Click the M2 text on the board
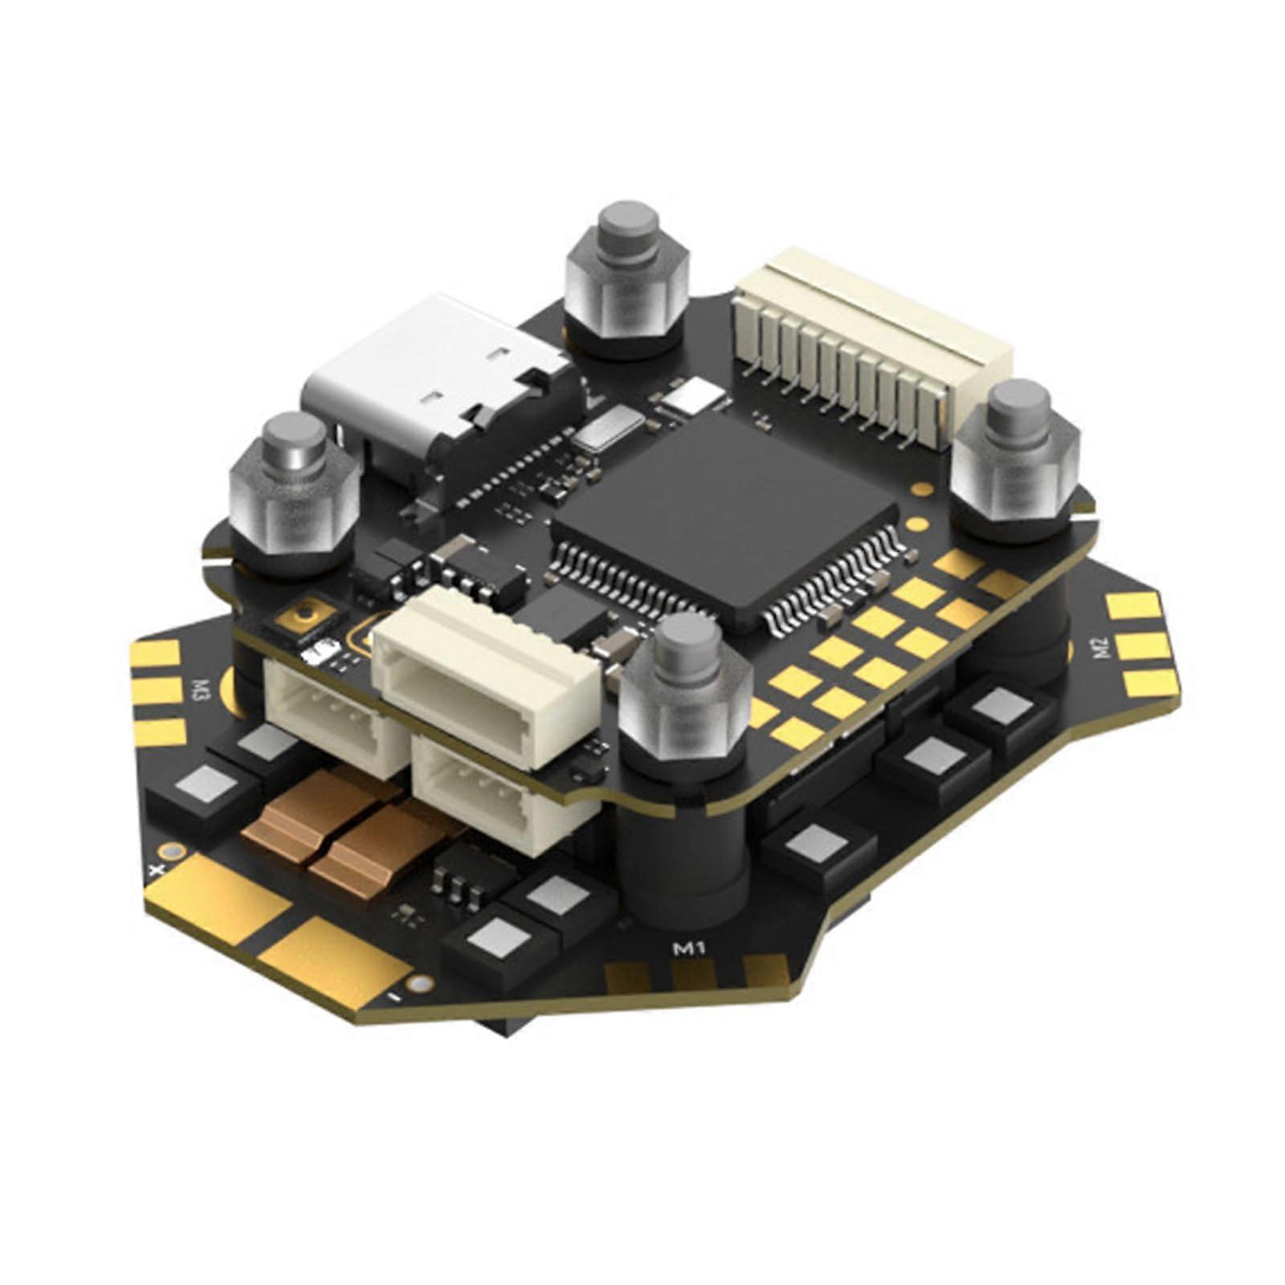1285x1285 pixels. (x=1100, y=645)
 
